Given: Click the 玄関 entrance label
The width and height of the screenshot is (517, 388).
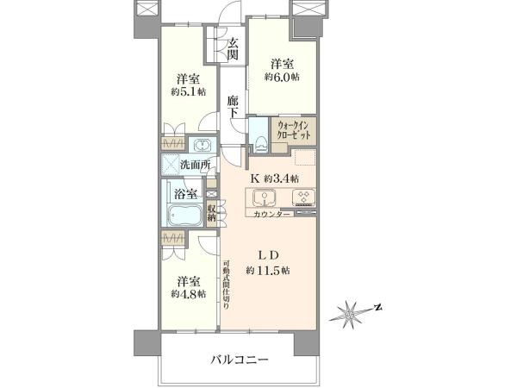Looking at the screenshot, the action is click(x=234, y=49).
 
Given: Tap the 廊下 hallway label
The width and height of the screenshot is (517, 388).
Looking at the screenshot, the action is click(x=233, y=107).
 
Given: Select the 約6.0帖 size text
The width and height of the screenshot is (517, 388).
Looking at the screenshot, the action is click(x=282, y=78).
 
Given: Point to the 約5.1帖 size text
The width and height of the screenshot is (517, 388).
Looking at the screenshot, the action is click(x=189, y=92).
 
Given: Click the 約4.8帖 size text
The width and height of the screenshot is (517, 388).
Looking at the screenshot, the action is click(x=189, y=294).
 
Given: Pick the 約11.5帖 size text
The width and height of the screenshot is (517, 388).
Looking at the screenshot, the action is click(x=268, y=271).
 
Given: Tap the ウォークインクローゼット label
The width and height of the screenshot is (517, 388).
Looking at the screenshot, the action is click(x=294, y=130).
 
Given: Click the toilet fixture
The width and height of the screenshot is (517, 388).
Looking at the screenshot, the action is click(x=261, y=142).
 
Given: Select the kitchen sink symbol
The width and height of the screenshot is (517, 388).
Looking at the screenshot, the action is click(x=265, y=197).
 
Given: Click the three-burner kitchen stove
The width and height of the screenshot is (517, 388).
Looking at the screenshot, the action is click(x=303, y=197).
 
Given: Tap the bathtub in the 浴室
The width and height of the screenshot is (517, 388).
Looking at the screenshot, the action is click(x=184, y=214).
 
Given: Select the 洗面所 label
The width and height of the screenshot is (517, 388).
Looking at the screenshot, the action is click(x=196, y=165).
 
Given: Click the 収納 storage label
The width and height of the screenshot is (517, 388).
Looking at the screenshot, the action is click(x=212, y=213).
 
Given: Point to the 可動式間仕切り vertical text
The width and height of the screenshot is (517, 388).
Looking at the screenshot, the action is click(x=226, y=285).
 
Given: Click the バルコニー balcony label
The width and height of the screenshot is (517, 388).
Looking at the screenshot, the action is click(x=240, y=360).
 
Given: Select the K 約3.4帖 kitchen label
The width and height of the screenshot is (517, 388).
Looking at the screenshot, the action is click(x=275, y=178).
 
